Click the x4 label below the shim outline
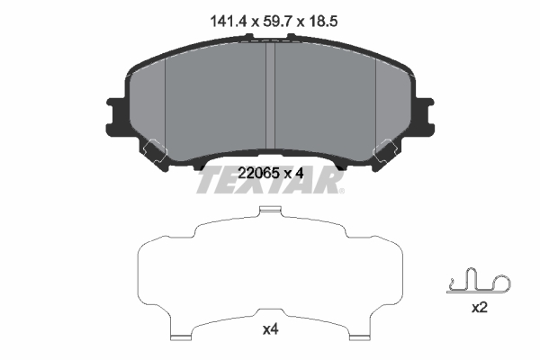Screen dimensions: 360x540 (269, 330)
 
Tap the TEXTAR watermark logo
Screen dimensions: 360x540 (270, 179)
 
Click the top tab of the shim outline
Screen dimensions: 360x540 (270, 212)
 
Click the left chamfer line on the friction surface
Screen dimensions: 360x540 (167, 99)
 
